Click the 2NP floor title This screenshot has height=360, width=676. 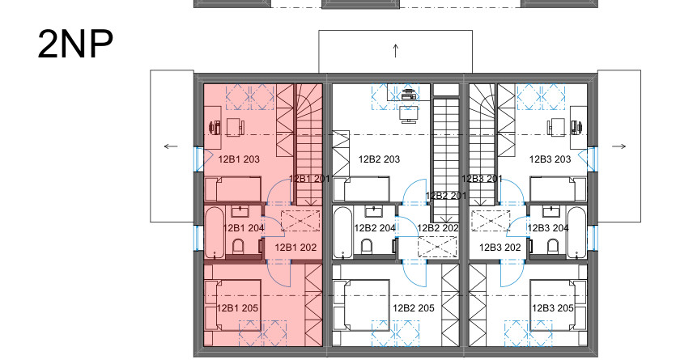75,44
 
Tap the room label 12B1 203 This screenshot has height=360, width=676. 239,159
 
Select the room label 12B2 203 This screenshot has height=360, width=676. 379,159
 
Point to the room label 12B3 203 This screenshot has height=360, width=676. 551,159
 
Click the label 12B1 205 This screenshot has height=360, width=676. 237,308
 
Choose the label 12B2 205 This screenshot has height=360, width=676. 414,308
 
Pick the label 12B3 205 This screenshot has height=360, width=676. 553,308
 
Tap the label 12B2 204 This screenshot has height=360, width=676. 375,228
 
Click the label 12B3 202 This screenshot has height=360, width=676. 500,248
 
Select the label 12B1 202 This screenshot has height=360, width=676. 295,248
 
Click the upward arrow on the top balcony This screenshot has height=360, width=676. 396,51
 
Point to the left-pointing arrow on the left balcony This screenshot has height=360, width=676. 171,146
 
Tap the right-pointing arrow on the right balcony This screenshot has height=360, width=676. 619,146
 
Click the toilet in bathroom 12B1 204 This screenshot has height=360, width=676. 238,248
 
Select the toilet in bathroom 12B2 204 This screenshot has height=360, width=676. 367,248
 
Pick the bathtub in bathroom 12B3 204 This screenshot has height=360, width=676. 577,232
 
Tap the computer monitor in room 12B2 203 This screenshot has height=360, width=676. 409,115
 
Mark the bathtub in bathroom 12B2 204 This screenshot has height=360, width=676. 343,232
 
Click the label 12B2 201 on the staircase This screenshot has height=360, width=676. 446,196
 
